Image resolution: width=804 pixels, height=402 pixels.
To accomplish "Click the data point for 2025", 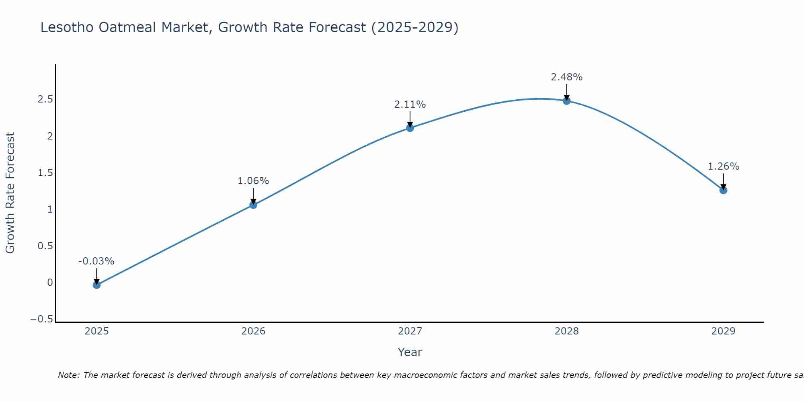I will click(x=96, y=285).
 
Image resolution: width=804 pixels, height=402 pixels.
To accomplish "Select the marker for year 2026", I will click(x=253, y=205).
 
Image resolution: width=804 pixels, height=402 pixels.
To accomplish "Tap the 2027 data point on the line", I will click(x=410, y=128).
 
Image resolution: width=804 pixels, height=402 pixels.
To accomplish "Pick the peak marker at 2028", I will click(x=567, y=101).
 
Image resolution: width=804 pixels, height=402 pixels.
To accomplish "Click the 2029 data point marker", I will click(x=723, y=190).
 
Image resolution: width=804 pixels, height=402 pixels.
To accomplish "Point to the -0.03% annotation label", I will click(x=96, y=261).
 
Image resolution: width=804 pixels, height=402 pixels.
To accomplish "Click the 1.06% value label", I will click(x=253, y=181).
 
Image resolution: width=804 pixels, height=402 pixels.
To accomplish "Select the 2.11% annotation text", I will click(x=410, y=105).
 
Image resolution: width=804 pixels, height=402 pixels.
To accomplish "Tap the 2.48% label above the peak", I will click(x=566, y=77).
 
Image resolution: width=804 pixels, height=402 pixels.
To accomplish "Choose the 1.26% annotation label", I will click(x=723, y=166).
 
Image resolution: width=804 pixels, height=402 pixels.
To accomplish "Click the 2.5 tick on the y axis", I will click(x=45, y=99).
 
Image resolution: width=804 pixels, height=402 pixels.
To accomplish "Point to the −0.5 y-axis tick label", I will click(x=41, y=319).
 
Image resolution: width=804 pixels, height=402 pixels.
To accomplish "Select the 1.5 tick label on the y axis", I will click(x=45, y=173).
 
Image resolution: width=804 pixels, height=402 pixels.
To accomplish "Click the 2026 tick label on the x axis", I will click(x=253, y=331).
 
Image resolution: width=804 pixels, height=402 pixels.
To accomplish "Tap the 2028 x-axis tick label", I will click(x=567, y=331).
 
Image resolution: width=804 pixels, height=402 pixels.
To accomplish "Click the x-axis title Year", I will click(x=410, y=352).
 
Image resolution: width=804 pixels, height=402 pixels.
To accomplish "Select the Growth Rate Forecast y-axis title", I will click(x=10, y=193).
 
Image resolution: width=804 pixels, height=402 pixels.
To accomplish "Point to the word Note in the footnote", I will click(x=68, y=375).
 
